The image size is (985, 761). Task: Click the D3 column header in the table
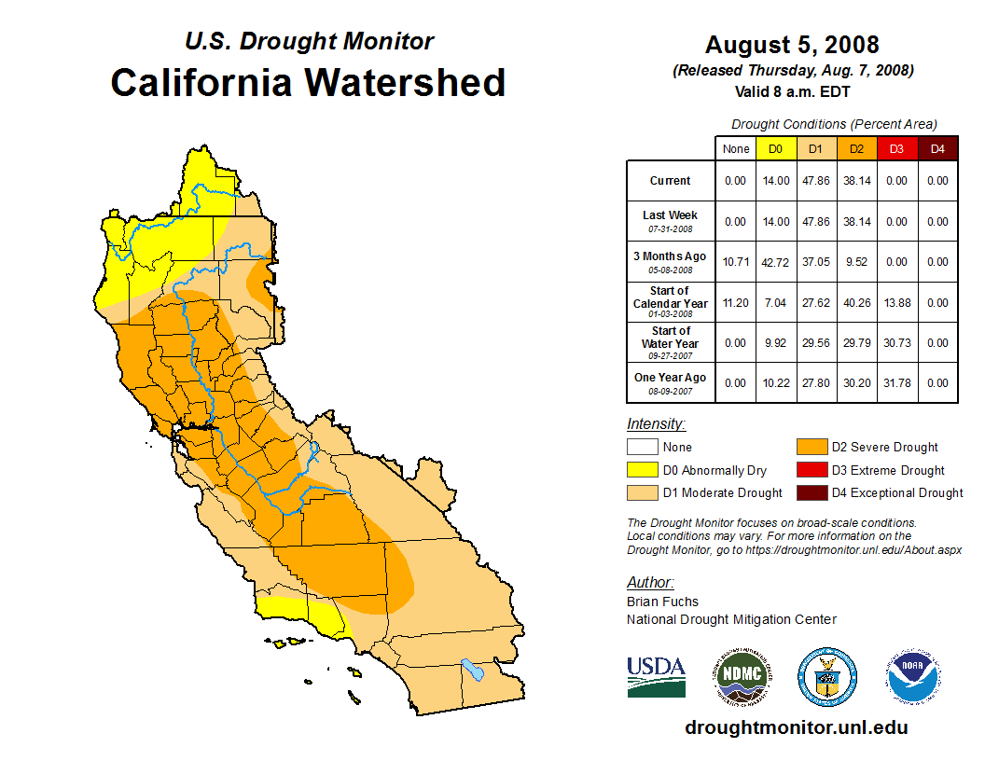(896, 149)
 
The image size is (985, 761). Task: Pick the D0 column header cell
(775, 149)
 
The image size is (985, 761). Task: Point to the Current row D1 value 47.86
(815, 181)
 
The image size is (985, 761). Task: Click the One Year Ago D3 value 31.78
(896, 382)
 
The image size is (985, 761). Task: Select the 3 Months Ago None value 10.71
(735, 262)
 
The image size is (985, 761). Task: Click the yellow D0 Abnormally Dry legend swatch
(642, 470)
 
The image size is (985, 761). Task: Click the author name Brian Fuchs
(662, 602)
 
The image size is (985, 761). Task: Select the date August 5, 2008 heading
(792, 45)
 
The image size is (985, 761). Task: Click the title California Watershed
(308, 83)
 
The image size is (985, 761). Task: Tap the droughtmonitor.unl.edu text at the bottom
(796, 727)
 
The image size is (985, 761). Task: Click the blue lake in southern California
(473, 670)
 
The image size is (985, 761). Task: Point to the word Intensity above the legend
(656, 423)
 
